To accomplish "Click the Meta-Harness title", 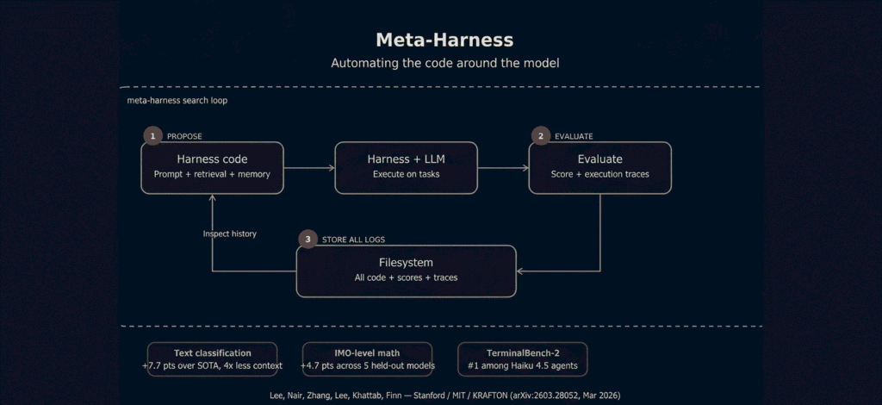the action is tap(444, 40).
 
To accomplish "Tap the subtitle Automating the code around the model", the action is tap(445, 63).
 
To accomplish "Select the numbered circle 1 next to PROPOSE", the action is tap(152, 136).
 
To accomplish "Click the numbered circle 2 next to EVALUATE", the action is tap(541, 136).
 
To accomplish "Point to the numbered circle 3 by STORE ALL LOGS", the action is tap(307, 239).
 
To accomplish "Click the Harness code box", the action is tap(212, 168).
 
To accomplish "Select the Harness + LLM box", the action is tap(407, 168).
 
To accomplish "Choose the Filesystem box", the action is tap(407, 271).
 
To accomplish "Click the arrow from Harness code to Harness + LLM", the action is tap(309, 168).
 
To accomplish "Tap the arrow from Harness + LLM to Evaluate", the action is tap(503, 168).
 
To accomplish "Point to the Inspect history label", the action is tap(229, 234).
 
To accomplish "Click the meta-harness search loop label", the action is tap(177, 101).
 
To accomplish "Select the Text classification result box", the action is tap(212, 358).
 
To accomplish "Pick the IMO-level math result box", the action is tap(367, 358).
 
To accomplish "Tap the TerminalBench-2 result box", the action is tap(523, 358).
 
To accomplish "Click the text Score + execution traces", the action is tap(600, 174).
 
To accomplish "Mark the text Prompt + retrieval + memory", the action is tap(212, 174).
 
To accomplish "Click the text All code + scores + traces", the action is tap(407, 277).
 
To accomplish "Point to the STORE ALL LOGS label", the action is tap(354, 240).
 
